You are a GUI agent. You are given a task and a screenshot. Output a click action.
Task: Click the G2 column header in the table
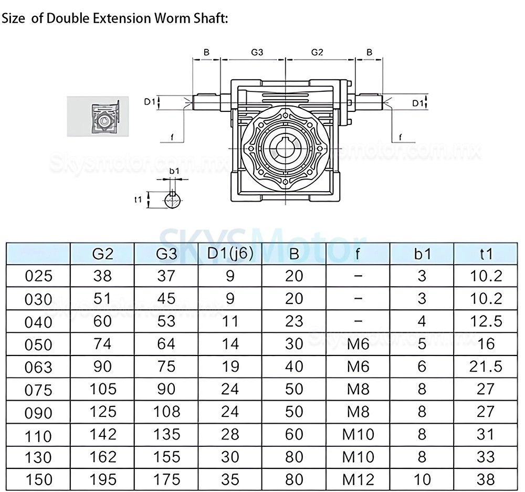click(x=102, y=254)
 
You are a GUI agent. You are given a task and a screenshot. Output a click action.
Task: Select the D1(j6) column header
click(x=230, y=253)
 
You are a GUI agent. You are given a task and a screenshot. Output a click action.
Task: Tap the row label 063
click(x=39, y=367)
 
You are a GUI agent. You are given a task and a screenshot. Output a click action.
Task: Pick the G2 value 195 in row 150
click(x=102, y=479)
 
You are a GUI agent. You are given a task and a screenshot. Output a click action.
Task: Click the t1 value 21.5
click(x=486, y=366)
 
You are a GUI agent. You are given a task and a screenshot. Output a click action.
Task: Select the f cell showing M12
click(x=358, y=479)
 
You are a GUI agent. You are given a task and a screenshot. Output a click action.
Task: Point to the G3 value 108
click(x=166, y=411)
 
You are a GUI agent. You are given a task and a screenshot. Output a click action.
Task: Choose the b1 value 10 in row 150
click(x=422, y=479)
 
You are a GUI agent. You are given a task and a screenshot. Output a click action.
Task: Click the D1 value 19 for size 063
click(x=230, y=366)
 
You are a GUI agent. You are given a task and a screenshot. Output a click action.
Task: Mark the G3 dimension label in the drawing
click(x=257, y=53)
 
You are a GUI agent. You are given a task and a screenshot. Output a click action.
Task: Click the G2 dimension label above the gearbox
click(x=317, y=53)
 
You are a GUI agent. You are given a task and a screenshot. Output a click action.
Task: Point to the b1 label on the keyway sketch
click(x=174, y=171)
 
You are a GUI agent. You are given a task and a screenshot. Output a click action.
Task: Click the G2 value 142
click(x=102, y=434)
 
